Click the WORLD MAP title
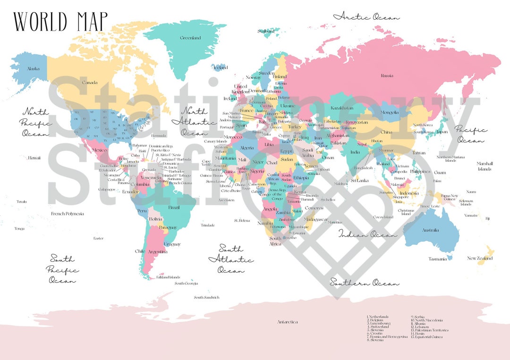point(60,21)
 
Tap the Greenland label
point(190,38)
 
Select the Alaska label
point(33,69)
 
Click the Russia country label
point(387,75)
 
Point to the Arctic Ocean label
point(366,17)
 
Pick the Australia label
point(430,230)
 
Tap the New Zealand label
point(480,258)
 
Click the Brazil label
point(174,208)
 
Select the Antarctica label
point(288,322)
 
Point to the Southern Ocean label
point(364,283)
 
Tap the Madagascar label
point(316,219)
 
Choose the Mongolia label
point(390,112)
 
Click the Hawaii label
point(34,158)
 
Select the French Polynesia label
point(68,214)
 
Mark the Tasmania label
point(438,259)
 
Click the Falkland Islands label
point(168,277)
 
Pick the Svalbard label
point(266,31)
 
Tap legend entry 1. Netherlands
point(378,317)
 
